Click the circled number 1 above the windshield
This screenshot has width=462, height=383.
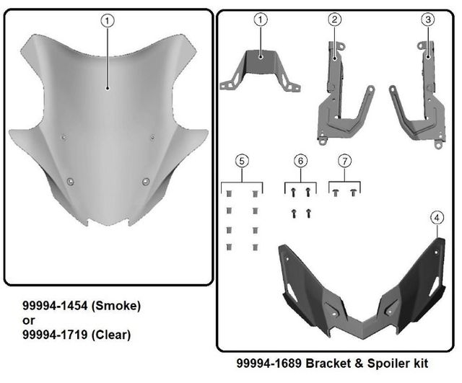(108, 21)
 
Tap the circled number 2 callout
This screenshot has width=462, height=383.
(334, 19)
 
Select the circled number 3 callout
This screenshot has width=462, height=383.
(428, 19)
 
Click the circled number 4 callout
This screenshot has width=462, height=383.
(437, 218)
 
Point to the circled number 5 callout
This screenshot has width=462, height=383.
(242, 161)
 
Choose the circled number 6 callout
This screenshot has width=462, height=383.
(300, 161)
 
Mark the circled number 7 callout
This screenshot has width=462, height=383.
(344, 161)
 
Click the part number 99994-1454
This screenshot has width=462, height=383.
(55, 306)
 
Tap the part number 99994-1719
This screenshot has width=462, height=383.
(55, 335)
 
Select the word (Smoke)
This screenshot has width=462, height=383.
(116, 306)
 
